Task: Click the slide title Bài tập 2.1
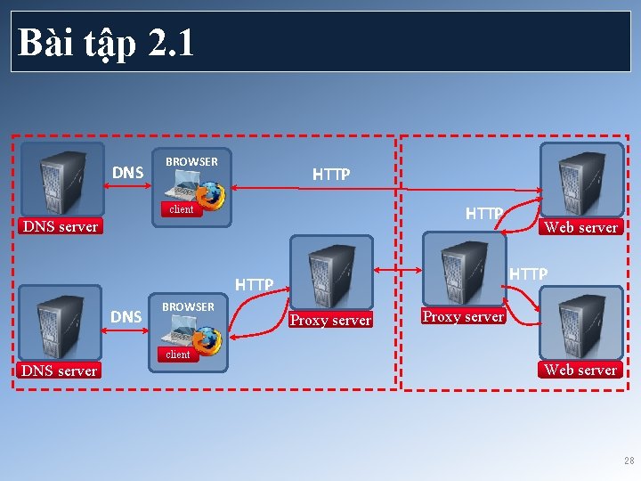point(105,42)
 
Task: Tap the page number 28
point(629,461)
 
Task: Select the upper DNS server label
point(60,226)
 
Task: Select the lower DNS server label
point(59,371)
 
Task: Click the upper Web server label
point(580,227)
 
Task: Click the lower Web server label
point(580,370)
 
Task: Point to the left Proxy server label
point(330,321)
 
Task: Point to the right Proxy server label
point(463,317)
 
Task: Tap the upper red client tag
point(181,209)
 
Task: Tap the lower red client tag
point(178,355)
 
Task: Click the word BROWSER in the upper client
point(191,161)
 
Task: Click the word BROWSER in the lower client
point(188,306)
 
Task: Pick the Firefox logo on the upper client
point(211,195)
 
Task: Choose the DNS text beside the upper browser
point(128,172)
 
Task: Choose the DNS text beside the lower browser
point(126,316)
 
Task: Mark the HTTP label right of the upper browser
point(331,175)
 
